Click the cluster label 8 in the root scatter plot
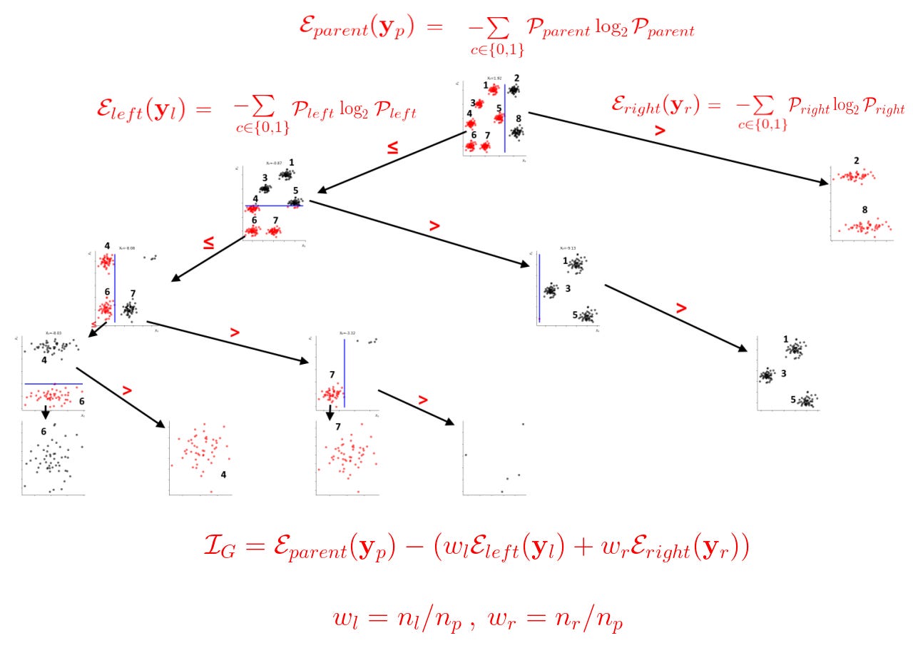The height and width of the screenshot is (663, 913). (519, 118)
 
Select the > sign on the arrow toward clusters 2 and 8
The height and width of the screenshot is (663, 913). (660, 131)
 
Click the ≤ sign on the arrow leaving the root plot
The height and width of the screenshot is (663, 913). (392, 148)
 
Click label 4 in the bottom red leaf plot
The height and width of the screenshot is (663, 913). (223, 473)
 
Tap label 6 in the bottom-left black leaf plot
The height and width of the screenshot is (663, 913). (44, 431)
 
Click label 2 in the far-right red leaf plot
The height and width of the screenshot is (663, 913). (856, 161)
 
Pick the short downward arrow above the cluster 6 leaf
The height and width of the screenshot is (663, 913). (45, 413)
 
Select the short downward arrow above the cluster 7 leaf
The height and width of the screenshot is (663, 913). (330, 414)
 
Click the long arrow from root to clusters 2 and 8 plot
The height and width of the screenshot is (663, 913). (678, 148)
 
